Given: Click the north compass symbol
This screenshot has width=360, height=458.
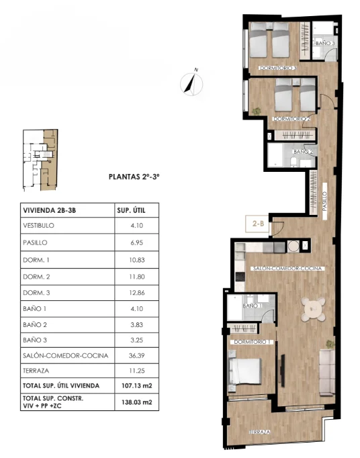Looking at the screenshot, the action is [191, 83].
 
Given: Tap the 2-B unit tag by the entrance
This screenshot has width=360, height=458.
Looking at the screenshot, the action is [258, 224].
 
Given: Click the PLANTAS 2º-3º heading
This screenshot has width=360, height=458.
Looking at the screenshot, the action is [134, 177].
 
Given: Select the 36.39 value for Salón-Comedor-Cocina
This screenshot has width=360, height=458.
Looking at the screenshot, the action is [137, 355].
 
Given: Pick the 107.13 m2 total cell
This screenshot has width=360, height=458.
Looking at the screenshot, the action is [137, 385].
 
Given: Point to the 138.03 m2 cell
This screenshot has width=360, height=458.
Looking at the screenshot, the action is [137, 402].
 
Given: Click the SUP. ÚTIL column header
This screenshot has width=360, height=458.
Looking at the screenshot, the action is [131, 210].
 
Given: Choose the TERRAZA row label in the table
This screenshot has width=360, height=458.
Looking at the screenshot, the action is [36, 371].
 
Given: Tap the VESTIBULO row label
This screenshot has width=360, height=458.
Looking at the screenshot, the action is [38, 226].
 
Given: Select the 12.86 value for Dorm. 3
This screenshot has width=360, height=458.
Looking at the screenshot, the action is [137, 293].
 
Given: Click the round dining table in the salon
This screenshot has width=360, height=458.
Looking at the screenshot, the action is [314, 310].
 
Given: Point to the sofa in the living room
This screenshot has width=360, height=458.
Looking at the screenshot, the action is [327, 373].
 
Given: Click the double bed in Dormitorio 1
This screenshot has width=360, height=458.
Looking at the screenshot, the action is [245, 371].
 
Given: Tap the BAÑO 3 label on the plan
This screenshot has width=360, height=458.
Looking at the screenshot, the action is [325, 43].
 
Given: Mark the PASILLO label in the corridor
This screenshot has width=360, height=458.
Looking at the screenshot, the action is [324, 201].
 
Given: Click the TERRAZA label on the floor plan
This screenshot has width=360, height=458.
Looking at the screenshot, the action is [259, 432].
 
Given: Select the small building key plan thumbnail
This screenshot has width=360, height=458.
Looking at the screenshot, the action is [40, 160].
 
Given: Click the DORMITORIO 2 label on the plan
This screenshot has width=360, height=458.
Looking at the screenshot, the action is [291, 119].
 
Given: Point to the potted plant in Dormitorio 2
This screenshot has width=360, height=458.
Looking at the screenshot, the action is [257, 111].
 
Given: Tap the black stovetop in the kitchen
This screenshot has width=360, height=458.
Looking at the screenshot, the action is [240, 277].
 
